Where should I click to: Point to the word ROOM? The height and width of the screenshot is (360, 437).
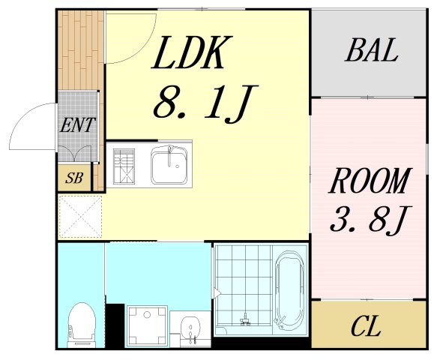[371, 182]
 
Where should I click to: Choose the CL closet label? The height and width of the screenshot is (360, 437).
[366, 327]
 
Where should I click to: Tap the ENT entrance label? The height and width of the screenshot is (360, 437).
[77, 124]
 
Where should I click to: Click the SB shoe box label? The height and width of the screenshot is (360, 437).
[73, 178]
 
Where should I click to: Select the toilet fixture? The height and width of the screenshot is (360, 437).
[79, 325]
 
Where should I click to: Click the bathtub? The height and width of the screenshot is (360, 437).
[290, 293]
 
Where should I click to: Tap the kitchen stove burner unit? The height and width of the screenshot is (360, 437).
[124, 165]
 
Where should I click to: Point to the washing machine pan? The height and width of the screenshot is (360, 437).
[145, 326]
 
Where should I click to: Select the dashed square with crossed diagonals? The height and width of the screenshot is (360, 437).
[81, 216]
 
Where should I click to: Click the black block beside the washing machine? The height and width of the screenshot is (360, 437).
[114, 325]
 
